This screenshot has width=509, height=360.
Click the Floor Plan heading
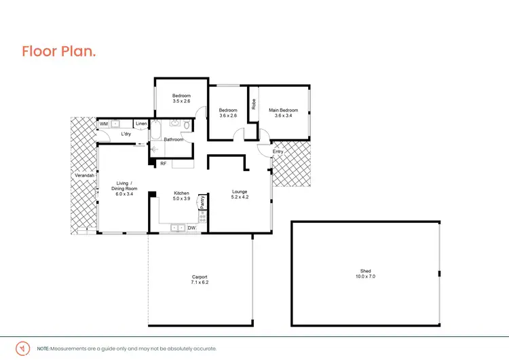point(58,51)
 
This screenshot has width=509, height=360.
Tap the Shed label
point(365,271)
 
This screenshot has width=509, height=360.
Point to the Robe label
point(254,105)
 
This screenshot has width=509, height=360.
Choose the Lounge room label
point(240,192)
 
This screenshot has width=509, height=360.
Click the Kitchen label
point(181,193)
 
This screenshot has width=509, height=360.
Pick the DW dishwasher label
point(191,228)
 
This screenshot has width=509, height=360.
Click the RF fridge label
point(164,164)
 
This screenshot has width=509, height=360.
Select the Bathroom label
point(174,139)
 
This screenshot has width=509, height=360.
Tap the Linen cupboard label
point(141,124)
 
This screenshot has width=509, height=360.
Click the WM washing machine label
point(104,124)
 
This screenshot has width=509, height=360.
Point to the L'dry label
point(126,134)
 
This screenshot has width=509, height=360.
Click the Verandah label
point(84,175)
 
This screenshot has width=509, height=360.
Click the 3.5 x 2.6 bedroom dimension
point(181,101)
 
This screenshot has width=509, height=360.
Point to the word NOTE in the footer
point(43,348)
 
